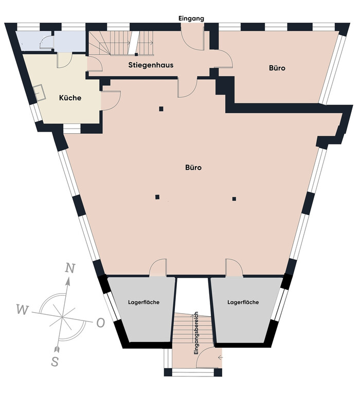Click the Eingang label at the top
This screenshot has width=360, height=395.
(191, 19)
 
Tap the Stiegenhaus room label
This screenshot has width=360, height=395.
(151, 65)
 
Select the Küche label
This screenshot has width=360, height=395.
(70, 98)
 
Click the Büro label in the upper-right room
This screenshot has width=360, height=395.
(277, 68)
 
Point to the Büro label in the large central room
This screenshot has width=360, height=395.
(193, 168)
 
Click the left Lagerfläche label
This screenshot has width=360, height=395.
(143, 302)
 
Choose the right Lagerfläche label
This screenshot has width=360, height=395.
(243, 302)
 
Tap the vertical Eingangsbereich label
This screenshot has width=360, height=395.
(196, 333)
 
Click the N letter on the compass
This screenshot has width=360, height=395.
(70, 268)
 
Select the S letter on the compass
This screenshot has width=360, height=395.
(55, 362)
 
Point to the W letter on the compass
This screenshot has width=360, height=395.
(23, 309)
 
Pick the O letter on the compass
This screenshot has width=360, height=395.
(100, 322)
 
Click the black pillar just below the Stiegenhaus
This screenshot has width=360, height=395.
(161, 109)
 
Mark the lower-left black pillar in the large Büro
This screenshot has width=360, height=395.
(157, 197)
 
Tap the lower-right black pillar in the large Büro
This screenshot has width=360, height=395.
(234, 199)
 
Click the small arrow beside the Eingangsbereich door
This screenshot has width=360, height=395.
(221, 357)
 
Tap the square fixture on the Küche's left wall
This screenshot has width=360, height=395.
(40, 93)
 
